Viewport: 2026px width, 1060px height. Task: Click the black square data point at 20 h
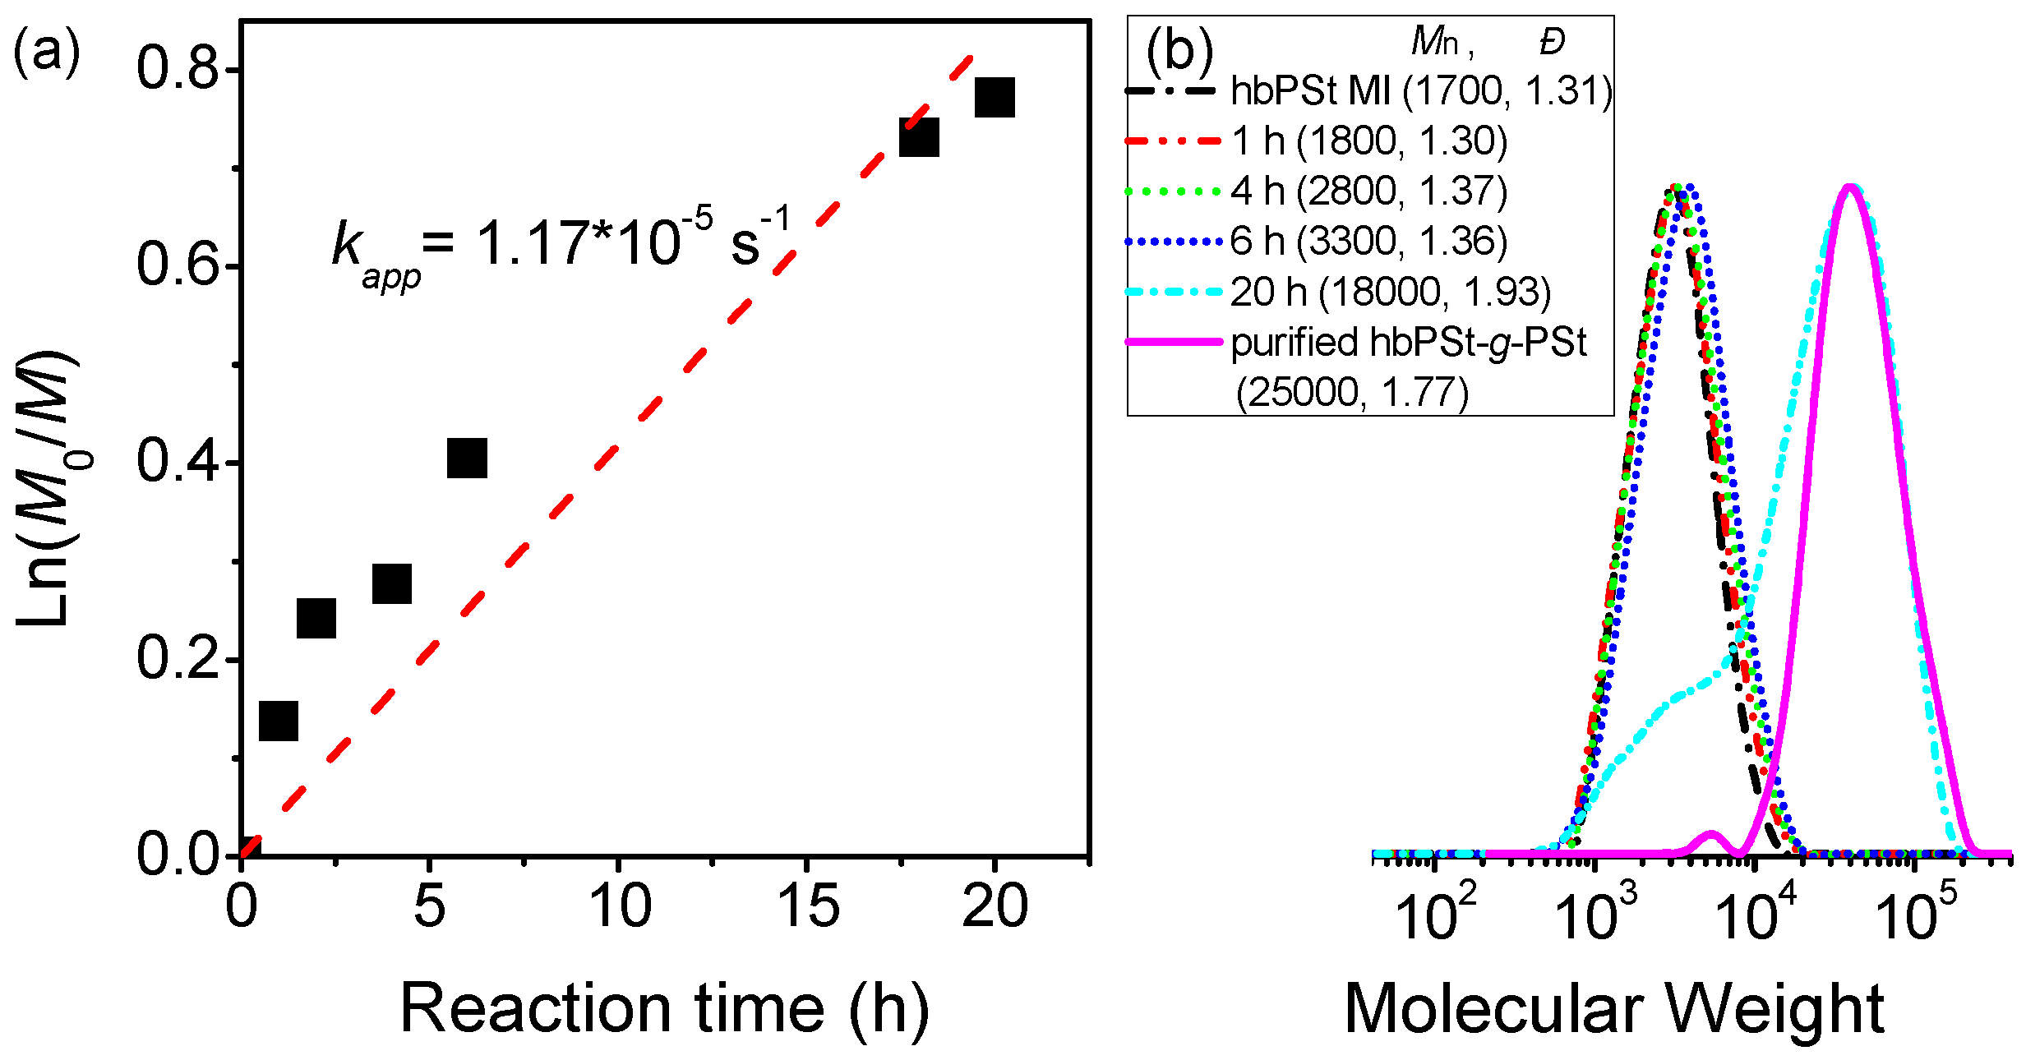pos(995,98)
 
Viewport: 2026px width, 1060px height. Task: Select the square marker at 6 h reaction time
pos(467,458)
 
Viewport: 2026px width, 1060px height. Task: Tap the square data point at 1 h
pos(278,721)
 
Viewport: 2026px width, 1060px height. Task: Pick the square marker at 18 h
pos(919,137)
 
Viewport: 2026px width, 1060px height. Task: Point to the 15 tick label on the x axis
pos(808,906)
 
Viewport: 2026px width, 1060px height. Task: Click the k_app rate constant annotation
pos(559,244)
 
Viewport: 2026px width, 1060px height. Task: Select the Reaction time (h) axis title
pos(664,1008)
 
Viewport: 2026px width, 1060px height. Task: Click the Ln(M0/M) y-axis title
pos(48,489)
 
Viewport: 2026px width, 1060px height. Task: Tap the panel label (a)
pos(46,51)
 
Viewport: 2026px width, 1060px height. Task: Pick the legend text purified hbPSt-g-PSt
pos(1408,343)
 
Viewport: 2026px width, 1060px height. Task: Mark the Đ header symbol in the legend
pos(1552,41)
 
